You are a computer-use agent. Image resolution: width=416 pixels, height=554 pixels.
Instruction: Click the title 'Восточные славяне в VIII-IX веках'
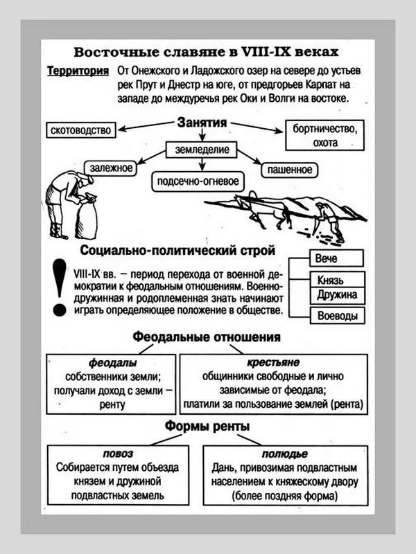207,53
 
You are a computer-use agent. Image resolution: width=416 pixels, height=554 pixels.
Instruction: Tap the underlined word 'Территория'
78,71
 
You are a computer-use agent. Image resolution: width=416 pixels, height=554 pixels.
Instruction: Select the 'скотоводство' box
81,129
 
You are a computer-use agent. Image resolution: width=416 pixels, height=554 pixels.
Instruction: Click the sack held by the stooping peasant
88,219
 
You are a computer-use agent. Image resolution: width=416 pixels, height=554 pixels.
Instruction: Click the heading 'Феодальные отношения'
207,337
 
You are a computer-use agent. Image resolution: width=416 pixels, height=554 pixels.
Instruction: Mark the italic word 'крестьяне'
272,362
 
